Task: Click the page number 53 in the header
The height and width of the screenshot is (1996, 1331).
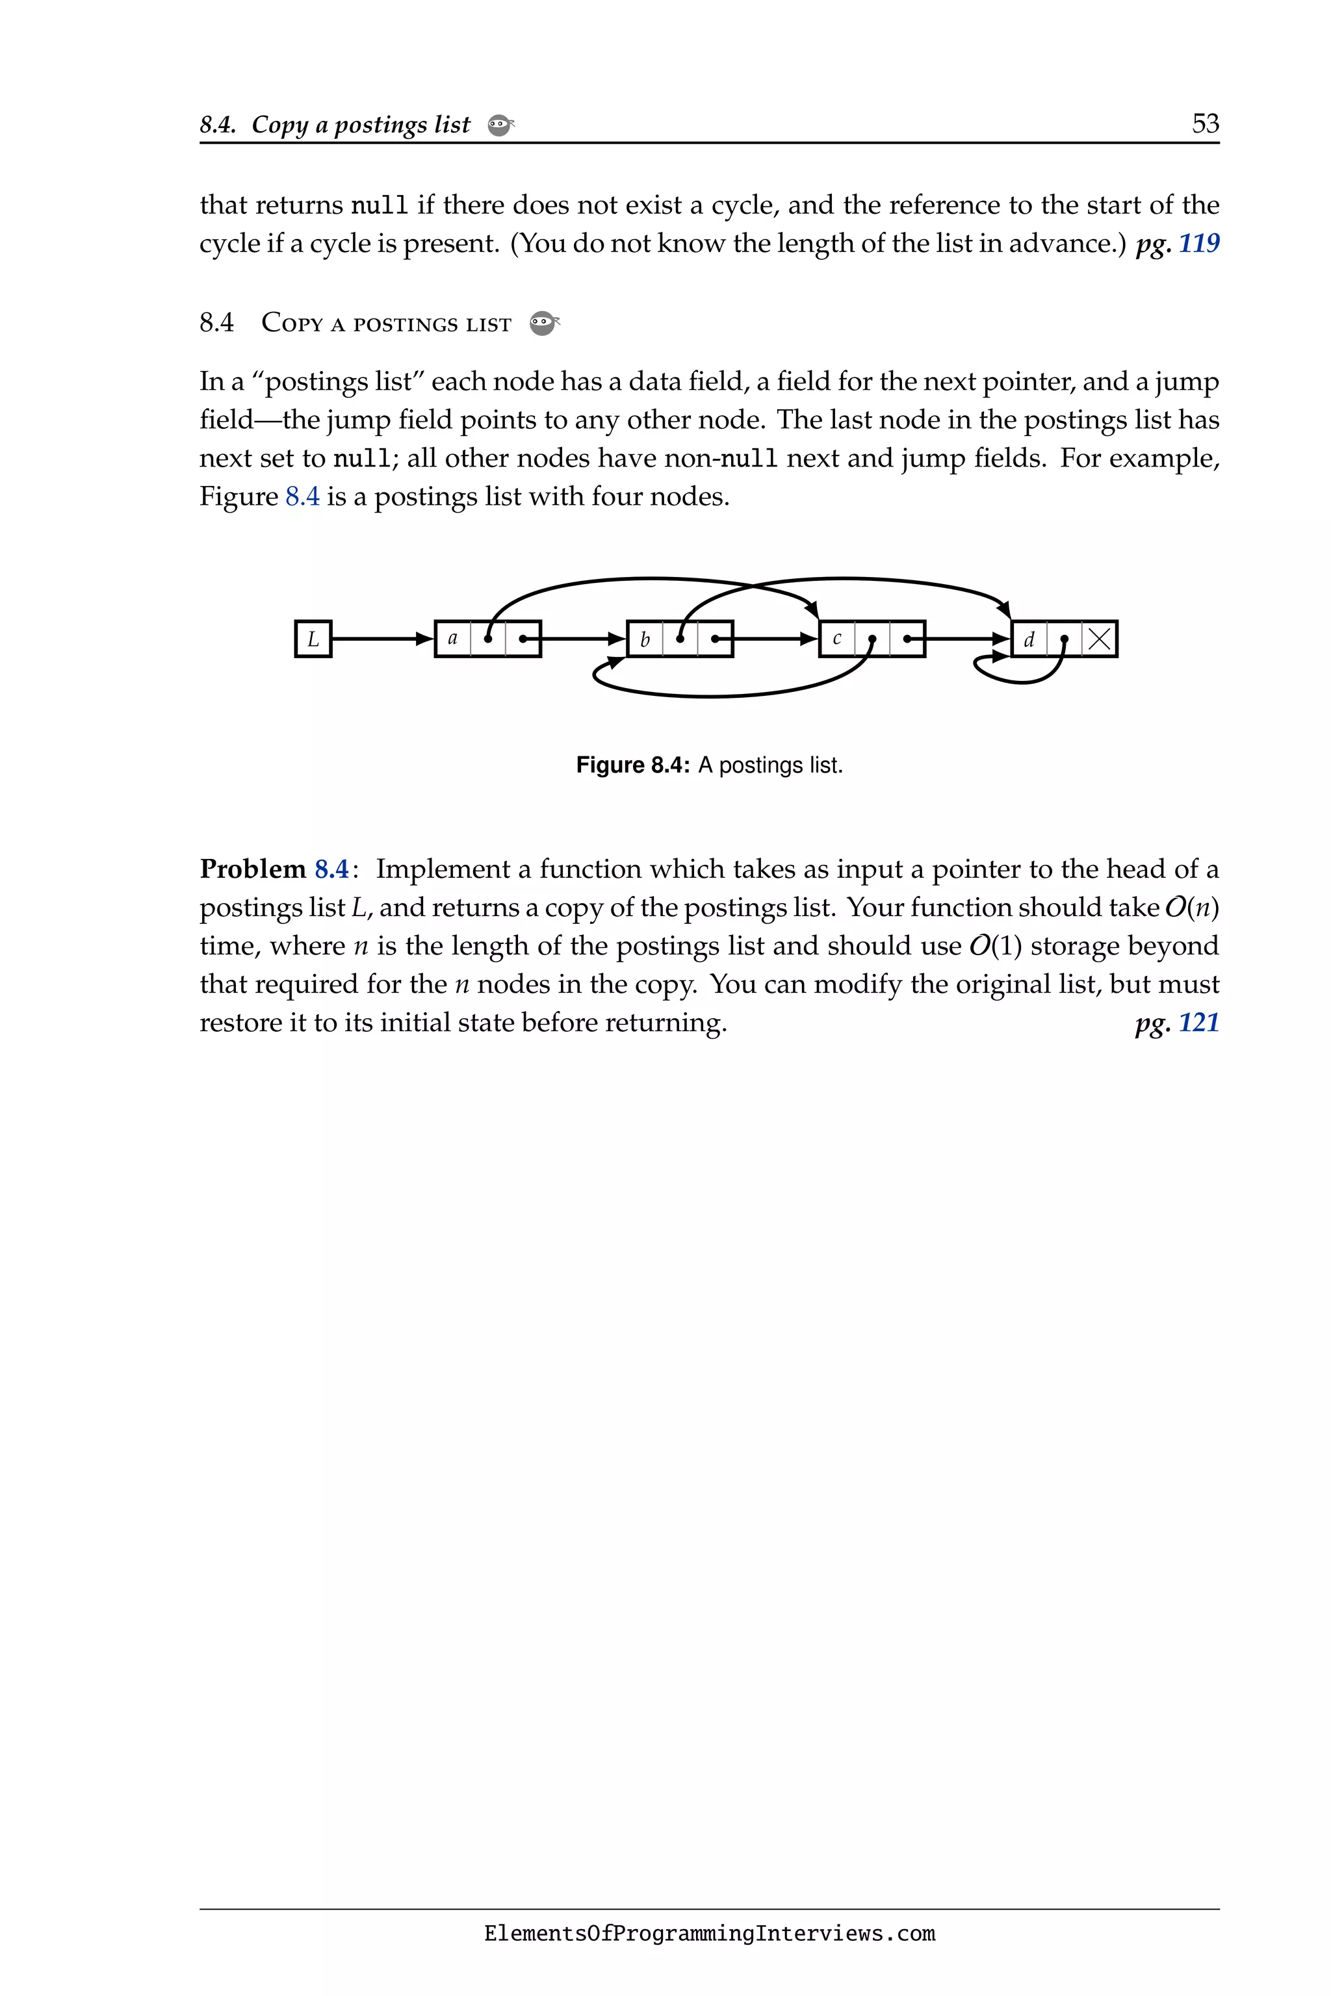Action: (1206, 124)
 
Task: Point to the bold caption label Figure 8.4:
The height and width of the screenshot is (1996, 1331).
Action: (632, 765)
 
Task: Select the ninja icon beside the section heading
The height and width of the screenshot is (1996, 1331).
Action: (543, 324)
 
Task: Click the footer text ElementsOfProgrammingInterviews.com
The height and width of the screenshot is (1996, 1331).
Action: (710, 1934)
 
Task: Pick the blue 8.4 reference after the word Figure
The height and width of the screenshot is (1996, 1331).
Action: (302, 496)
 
